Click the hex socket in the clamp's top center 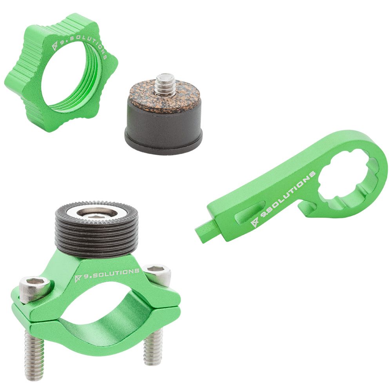pos(96,214)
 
